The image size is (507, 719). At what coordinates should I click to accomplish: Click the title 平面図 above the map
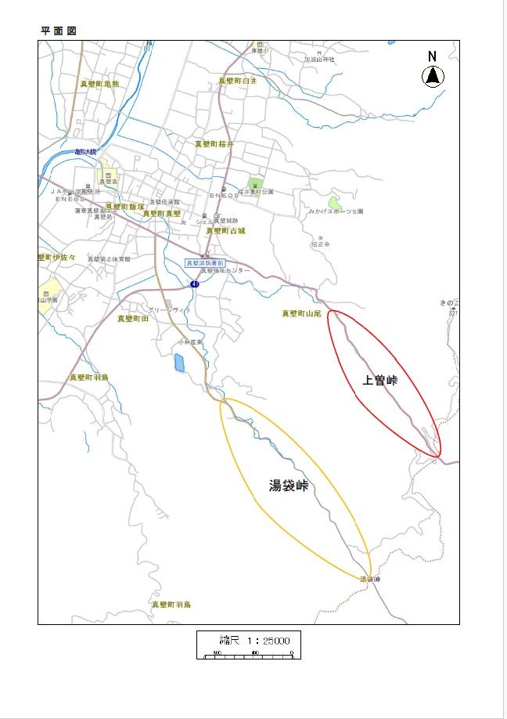pyautogui.click(x=59, y=31)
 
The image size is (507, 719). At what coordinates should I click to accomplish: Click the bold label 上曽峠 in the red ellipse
pyautogui.click(x=380, y=381)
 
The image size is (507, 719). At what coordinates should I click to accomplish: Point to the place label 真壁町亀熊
pyautogui.click(x=99, y=84)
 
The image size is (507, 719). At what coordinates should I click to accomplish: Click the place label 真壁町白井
pyautogui.click(x=238, y=81)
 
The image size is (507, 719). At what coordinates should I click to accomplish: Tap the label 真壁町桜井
pyautogui.click(x=214, y=144)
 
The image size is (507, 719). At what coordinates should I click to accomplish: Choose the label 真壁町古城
pyautogui.click(x=225, y=231)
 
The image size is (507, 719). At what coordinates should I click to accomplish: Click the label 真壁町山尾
pyautogui.click(x=302, y=313)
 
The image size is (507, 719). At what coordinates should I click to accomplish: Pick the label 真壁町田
pyautogui.click(x=133, y=319)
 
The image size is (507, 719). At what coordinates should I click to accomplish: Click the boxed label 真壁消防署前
pyautogui.click(x=204, y=263)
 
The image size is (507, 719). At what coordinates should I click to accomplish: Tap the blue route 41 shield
pyautogui.click(x=194, y=284)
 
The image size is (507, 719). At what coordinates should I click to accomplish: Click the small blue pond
pyautogui.click(x=179, y=363)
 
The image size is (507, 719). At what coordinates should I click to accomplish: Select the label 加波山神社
pyautogui.click(x=320, y=60)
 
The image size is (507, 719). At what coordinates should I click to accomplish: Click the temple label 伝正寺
pyautogui.click(x=321, y=244)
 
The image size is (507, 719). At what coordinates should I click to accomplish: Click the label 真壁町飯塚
pyautogui.click(x=125, y=207)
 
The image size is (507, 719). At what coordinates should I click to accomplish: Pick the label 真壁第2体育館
pyautogui.click(x=109, y=258)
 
